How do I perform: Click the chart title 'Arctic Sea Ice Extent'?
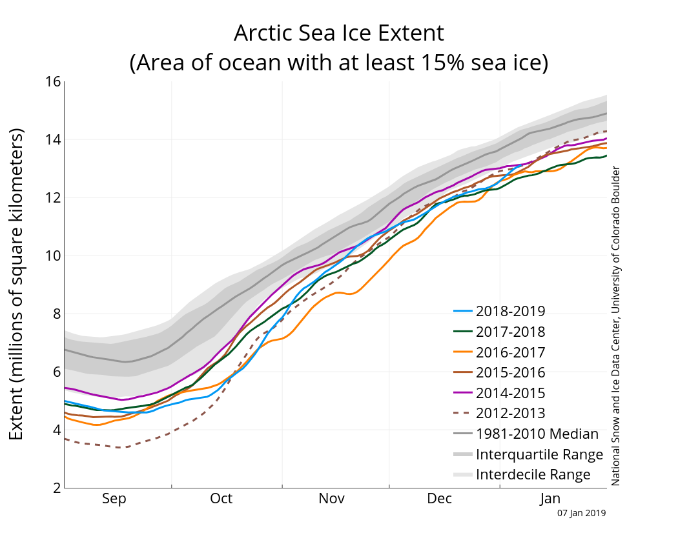(338, 33)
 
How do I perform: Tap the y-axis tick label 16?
(53, 82)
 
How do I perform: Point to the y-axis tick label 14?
(53, 139)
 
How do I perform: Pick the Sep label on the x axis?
(114, 499)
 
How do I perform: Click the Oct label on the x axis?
(221, 499)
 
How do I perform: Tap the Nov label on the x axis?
(332, 499)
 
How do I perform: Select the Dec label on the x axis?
(440, 499)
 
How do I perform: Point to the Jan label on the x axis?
(550, 499)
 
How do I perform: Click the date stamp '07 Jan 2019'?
(582, 514)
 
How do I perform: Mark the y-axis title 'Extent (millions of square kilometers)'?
(17, 284)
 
